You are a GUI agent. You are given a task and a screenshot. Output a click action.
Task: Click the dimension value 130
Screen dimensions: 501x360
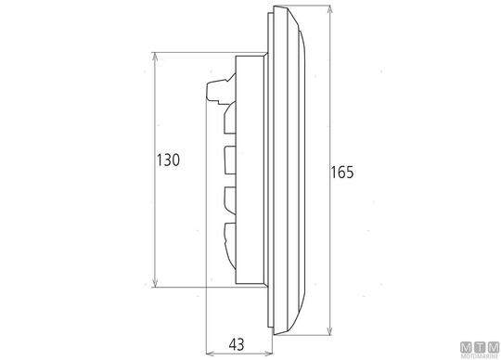(x=168, y=160)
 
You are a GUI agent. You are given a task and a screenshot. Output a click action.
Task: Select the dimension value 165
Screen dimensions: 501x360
(x=341, y=173)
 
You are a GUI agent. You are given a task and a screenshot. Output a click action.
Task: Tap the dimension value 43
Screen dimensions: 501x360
(x=237, y=344)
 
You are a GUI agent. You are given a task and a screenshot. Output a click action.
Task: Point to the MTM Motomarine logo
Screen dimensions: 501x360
(x=480, y=350)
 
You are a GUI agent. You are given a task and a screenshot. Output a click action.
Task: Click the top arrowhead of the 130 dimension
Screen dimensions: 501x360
(x=155, y=57)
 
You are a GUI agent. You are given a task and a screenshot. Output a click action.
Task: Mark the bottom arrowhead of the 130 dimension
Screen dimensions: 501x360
(x=155, y=283)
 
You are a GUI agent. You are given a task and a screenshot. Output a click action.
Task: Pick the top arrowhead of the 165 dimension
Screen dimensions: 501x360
(x=330, y=9)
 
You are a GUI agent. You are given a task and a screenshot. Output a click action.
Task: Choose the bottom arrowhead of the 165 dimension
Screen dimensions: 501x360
(x=330, y=331)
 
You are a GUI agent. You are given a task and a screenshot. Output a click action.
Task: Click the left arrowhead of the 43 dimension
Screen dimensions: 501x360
(x=211, y=354)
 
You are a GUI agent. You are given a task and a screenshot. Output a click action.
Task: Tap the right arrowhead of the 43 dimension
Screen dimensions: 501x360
(x=268, y=354)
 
